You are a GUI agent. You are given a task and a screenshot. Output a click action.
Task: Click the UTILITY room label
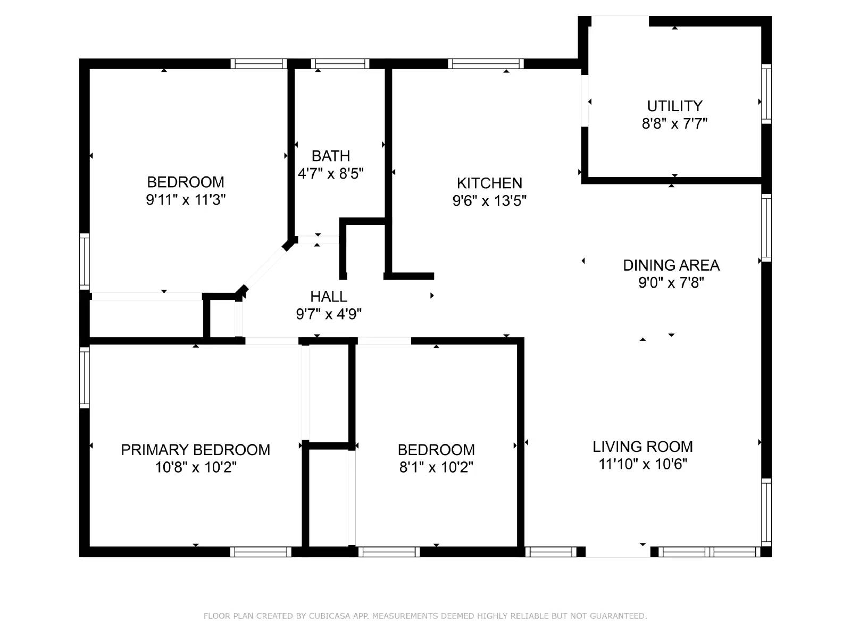[x=674, y=106]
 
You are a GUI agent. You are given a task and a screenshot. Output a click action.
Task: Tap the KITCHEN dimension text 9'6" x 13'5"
[x=489, y=201]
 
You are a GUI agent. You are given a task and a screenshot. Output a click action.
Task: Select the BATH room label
[x=330, y=156]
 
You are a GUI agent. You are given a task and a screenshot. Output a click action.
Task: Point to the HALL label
[x=329, y=296]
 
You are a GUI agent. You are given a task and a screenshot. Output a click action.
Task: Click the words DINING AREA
[x=671, y=265]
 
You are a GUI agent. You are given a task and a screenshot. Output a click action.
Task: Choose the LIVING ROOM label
[x=643, y=447]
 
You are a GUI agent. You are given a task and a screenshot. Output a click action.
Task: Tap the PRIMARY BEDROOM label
[x=195, y=450]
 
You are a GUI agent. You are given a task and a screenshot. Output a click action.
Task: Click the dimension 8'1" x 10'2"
[x=436, y=467]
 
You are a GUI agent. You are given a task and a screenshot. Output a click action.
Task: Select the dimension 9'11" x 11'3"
[x=186, y=200]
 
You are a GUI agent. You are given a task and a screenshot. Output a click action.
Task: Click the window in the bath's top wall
[x=340, y=64]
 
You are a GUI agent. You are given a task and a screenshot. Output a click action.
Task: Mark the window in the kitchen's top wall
[x=486, y=64]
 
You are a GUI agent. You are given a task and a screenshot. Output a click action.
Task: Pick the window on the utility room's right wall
[x=766, y=94]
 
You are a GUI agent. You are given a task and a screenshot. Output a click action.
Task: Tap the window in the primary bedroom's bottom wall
[x=261, y=552]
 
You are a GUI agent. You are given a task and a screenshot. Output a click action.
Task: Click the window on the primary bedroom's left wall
[x=84, y=377]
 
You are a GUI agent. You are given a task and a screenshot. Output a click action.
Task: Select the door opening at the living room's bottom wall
[x=618, y=552]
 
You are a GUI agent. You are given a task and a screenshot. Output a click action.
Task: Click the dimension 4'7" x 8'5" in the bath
[x=330, y=174]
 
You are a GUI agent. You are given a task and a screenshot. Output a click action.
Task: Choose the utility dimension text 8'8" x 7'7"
[x=674, y=124]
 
